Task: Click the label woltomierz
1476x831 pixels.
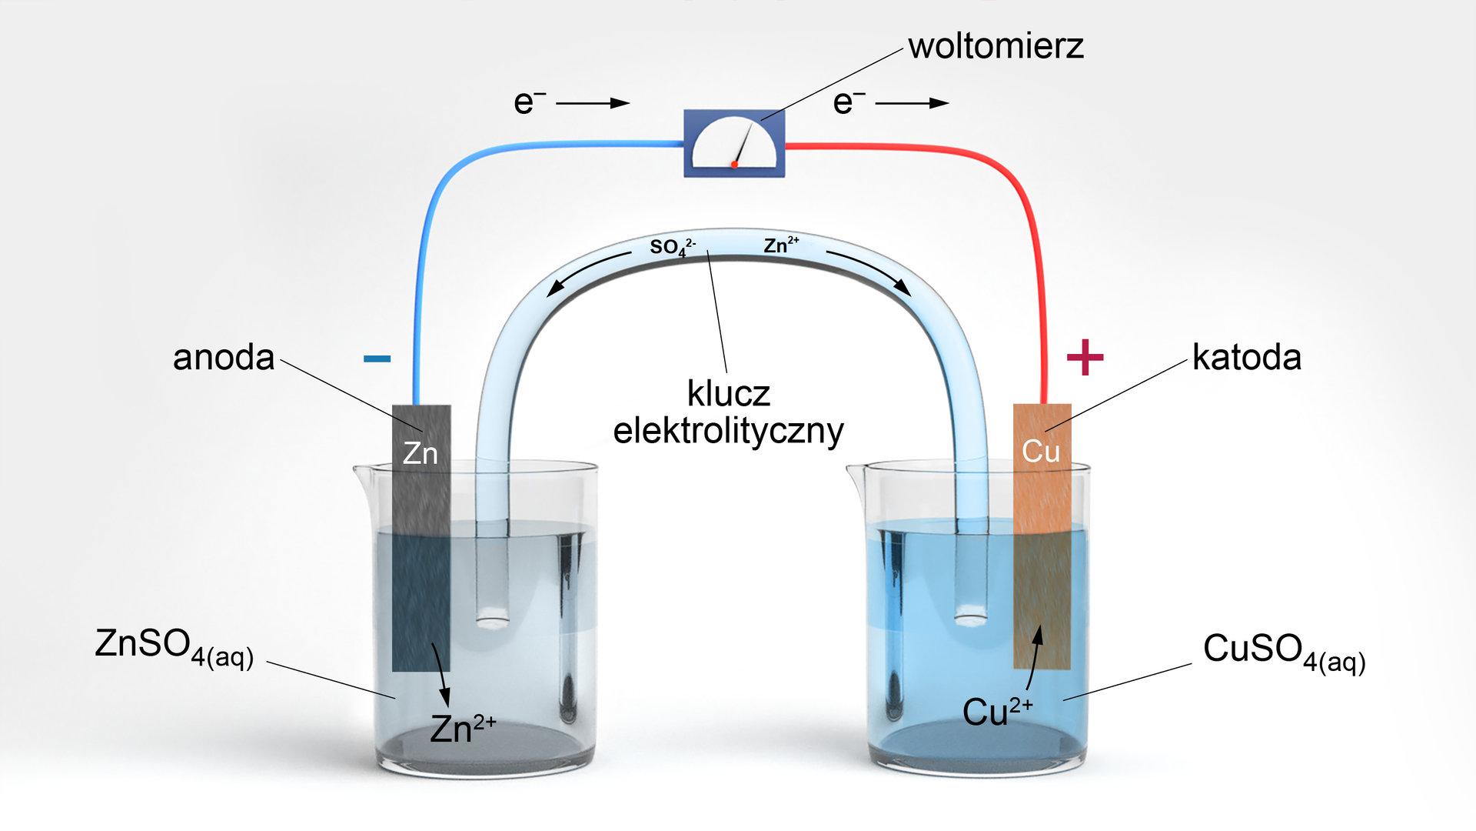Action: pyautogui.click(x=996, y=46)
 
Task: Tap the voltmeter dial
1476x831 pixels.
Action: pyautogui.click(x=734, y=142)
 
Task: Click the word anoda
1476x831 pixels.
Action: pyautogui.click(x=224, y=358)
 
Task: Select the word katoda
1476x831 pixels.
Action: pyautogui.click(x=1247, y=357)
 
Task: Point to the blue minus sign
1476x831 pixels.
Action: pyautogui.click(x=377, y=359)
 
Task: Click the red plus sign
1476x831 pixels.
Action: pyautogui.click(x=1085, y=357)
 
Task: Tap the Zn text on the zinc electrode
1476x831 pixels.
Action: pyautogui.click(x=421, y=453)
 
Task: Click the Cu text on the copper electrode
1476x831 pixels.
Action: pyautogui.click(x=1041, y=451)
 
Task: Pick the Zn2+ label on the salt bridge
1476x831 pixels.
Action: pyautogui.click(x=781, y=245)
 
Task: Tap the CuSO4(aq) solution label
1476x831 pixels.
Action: pyautogui.click(x=1285, y=652)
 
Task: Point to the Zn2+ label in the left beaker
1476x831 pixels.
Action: pyautogui.click(x=463, y=728)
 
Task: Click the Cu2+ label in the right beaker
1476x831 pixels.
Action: pyautogui.click(x=998, y=711)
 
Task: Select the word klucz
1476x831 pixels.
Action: pyautogui.click(x=729, y=394)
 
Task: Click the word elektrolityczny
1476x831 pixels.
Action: pyautogui.click(x=729, y=431)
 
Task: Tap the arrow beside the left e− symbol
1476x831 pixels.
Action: pyautogui.click(x=593, y=103)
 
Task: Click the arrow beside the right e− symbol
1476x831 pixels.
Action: pyautogui.click(x=913, y=103)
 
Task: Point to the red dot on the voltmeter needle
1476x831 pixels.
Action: pyautogui.click(x=735, y=165)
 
